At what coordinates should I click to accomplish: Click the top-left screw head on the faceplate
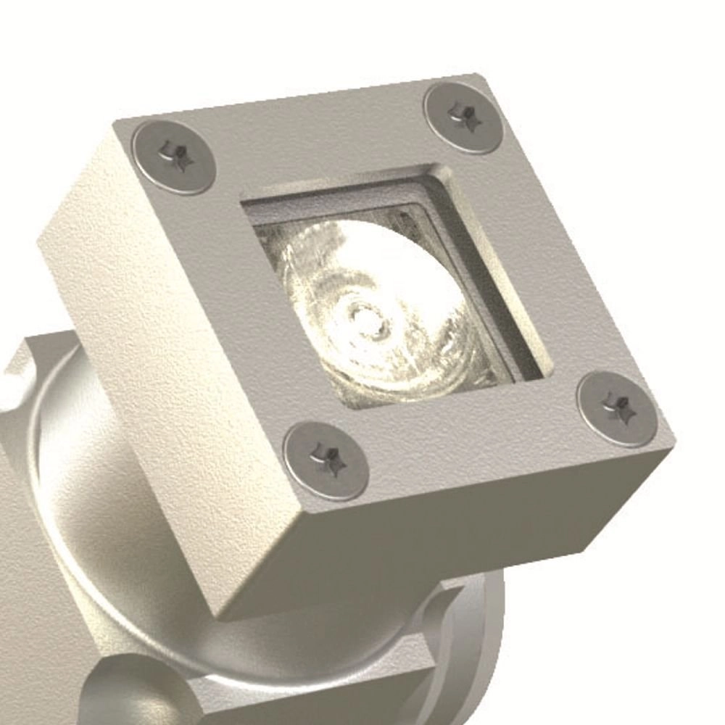pos(173,157)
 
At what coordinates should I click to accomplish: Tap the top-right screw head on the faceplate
pos(463,117)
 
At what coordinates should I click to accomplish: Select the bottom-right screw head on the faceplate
pos(617,408)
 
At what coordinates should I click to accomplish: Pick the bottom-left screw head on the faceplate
pos(326,461)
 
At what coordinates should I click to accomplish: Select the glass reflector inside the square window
pos(377,304)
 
